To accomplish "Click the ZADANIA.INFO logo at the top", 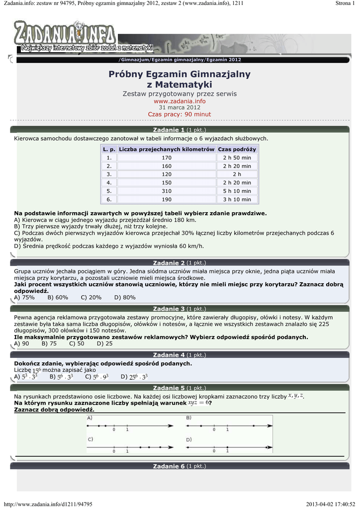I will (65, 34).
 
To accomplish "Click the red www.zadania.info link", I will (180, 101).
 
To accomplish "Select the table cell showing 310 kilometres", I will (167, 191).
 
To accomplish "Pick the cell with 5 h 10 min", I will (237, 191).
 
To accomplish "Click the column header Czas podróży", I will (237, 149).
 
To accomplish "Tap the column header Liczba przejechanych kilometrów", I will (167, 149).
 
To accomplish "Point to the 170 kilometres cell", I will (167, 158).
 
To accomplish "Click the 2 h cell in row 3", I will (237, 174).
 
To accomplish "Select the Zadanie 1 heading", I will (169, 130).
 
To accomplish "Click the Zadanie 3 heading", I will (169, 309).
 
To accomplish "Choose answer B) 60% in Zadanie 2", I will (58, 297).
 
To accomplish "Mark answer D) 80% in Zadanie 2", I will (125, 297).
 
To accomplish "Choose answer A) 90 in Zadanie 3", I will (21, 343).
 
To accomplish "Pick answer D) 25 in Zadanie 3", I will (104, 343).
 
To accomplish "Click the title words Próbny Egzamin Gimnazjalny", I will (180, 74).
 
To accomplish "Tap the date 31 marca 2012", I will (180, 107).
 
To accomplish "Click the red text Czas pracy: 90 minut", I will (180, 114).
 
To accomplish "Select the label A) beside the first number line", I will (90, 419).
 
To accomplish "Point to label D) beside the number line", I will (189, 439).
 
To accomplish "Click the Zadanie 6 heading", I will (169, 466).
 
